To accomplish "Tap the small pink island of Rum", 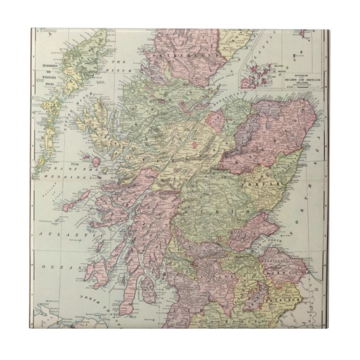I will click(x=96, y=161).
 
